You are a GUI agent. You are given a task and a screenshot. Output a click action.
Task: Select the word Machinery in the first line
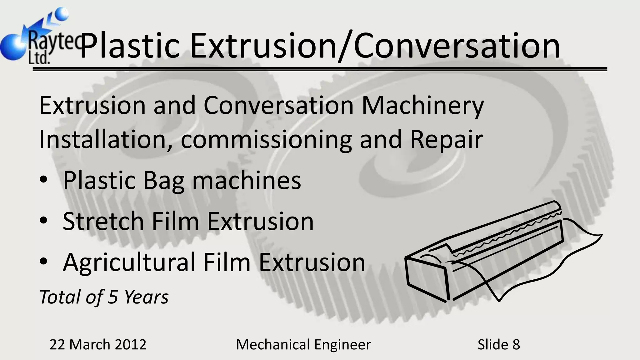tap(422, 106)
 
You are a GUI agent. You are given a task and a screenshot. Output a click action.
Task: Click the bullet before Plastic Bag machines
tap(44, 181)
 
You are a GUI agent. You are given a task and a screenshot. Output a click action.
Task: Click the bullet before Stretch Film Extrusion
tap(44, 221)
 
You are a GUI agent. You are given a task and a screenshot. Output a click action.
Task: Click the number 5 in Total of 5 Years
tap(112, 297)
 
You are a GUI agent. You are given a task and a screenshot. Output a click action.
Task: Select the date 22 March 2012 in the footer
tap(98, 345)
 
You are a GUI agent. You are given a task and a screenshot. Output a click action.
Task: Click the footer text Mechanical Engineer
tap(303, 345)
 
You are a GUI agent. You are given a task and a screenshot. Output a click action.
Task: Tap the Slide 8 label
tap(499, 345)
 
